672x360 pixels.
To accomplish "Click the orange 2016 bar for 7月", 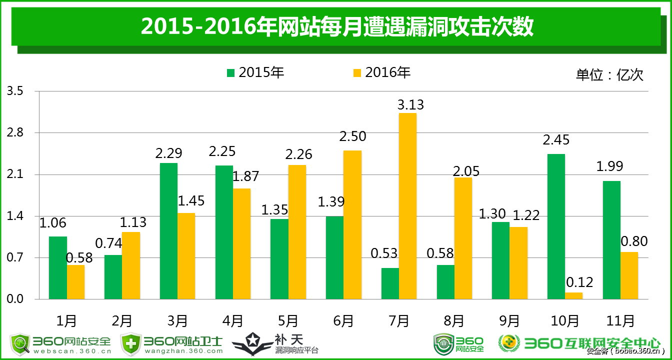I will point(407,206).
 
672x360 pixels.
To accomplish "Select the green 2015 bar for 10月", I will point(556,226).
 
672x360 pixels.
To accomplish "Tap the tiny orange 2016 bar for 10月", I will point(573,296).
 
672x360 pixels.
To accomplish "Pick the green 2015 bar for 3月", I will point(168,231).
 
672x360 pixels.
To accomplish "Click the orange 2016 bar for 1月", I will point(76,282).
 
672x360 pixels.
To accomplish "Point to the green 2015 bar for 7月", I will point(390,283).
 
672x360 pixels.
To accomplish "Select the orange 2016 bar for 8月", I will point(463,238).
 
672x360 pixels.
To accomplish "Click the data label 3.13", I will point(410,104).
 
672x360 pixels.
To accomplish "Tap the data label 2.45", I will point(556,139).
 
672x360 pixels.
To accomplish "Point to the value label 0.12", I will point(579,282).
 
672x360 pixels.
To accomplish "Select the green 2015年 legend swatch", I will point(230,72).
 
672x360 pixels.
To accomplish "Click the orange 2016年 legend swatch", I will point(357,72).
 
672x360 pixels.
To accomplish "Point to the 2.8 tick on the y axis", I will point(15,133).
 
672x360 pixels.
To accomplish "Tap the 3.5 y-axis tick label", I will point(15,91).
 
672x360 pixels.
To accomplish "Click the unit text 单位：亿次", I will point(609,75).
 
